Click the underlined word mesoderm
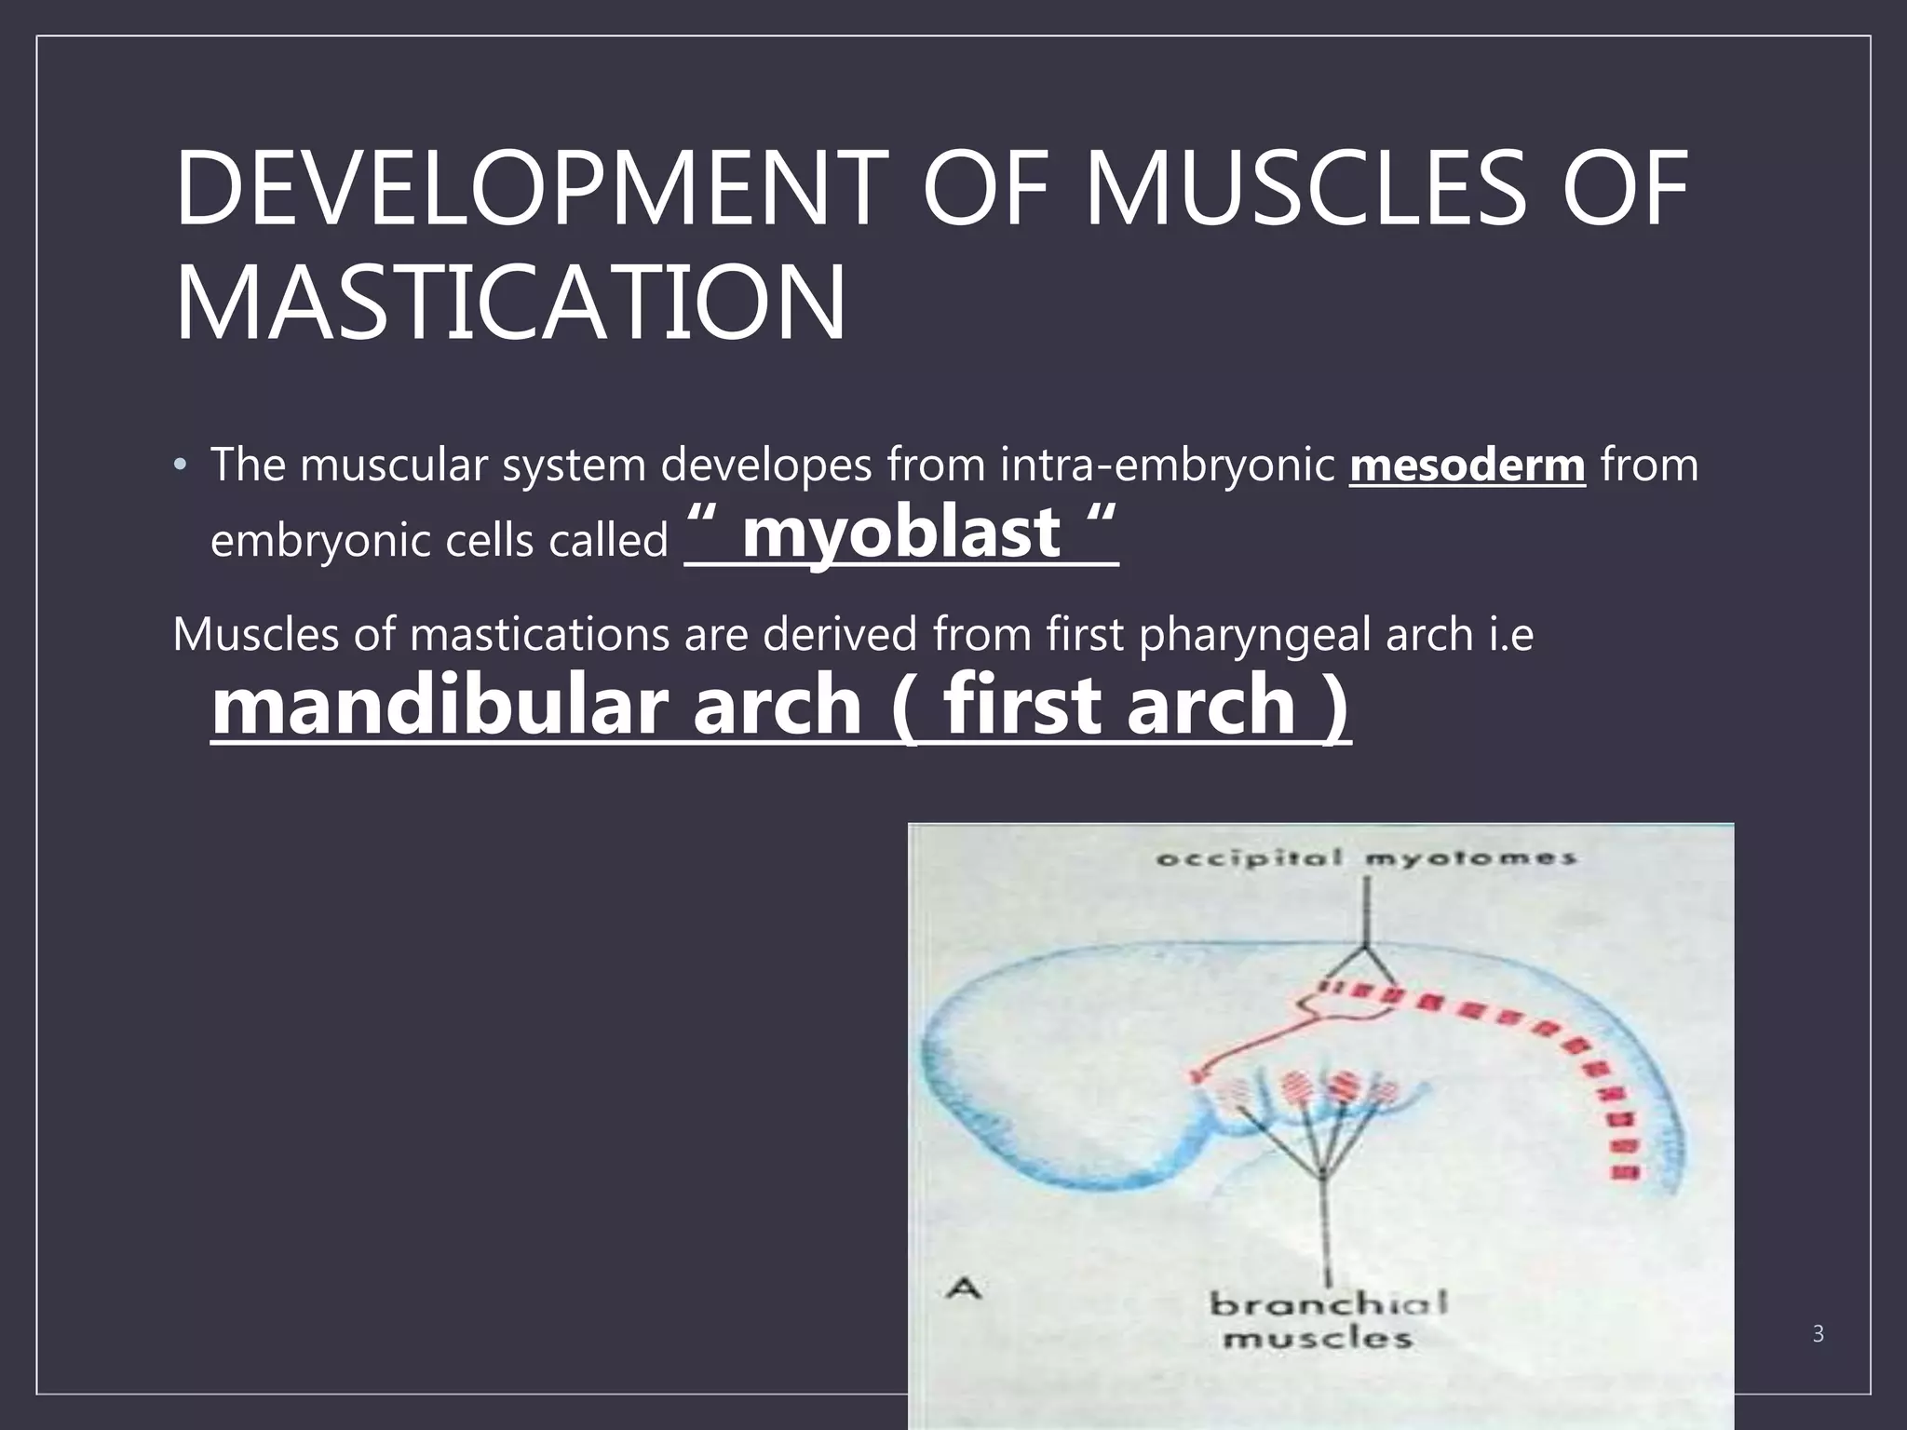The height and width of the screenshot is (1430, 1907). [x=1467, y=465]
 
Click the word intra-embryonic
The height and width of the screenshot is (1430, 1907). [x=1168, y=465]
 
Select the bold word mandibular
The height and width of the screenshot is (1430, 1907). [x=443, y=705]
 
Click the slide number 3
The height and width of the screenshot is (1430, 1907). [x=1818, y=1334]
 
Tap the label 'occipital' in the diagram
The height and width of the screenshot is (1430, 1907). [x=1249, y=857]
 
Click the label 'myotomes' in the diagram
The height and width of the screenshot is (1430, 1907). [x=1470, y=857]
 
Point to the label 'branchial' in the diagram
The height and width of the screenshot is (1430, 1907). [x=1328, y=1303]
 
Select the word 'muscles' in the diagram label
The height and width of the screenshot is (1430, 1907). [x=1317, y=1340]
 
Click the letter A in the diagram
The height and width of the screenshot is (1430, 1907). [x=964, y=1288]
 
